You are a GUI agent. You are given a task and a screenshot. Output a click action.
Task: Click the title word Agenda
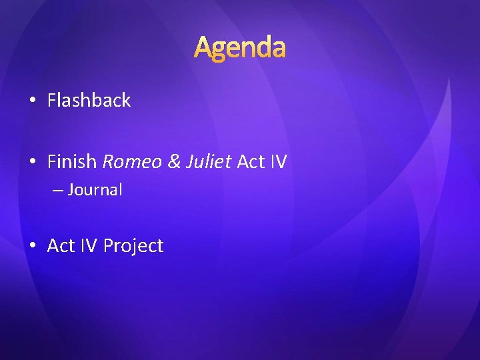(240, 47)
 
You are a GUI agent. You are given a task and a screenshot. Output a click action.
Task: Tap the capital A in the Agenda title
(203, 47)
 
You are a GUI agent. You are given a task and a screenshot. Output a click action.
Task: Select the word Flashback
(89, 101)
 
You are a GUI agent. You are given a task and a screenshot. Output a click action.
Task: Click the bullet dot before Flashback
(33, 101)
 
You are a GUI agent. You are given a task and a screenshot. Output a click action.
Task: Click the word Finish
(72, 161)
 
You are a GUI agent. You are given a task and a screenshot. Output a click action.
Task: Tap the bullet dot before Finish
(33, 162)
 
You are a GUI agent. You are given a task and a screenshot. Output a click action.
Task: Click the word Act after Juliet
(251, 161)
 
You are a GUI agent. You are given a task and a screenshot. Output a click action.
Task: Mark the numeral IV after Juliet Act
(278, 161)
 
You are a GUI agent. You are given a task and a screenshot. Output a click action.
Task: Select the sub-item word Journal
(95, 190)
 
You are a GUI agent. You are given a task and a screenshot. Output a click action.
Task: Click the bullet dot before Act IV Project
(33, 246)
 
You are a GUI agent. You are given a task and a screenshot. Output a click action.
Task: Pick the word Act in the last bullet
(61, 246)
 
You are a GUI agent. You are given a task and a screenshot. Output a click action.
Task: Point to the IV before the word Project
(88, 246)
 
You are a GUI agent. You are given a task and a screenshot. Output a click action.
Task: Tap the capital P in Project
(107, 246)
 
